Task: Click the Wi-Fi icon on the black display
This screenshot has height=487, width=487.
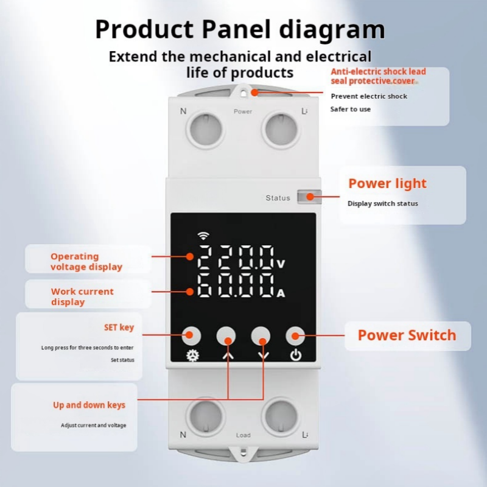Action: (x=203, y=236)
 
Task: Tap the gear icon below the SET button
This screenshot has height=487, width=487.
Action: (x=192, y=356)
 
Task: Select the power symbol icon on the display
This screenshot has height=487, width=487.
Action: (x=296, y=355)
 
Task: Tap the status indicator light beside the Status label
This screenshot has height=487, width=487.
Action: (x=309, y=197)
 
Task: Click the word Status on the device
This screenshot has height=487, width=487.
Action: (x=278, y=198)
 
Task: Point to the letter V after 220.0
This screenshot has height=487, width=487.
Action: (x=281, y=264)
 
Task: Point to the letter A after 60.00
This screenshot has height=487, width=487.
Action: (x=281, y=293)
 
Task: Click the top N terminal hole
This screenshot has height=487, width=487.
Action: (x=206, y=129)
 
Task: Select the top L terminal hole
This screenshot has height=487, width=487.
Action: (x=281, y=129)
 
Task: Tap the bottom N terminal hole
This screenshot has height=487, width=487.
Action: (x=206, y=416)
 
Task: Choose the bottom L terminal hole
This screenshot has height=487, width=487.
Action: (x=281, y=416)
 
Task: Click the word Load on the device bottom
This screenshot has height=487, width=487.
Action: (x=243, y=435)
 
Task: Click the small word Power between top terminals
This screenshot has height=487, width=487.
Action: (x=243, y=111)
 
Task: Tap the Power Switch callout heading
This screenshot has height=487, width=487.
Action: (x=407, y=335)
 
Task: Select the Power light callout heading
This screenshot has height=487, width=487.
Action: (x=388, y=184)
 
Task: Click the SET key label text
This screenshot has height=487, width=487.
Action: (x=119, y=328)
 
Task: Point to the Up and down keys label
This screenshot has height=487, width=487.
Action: (x=89, y=405)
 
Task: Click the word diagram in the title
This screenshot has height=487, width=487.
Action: (x=332, y=30)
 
